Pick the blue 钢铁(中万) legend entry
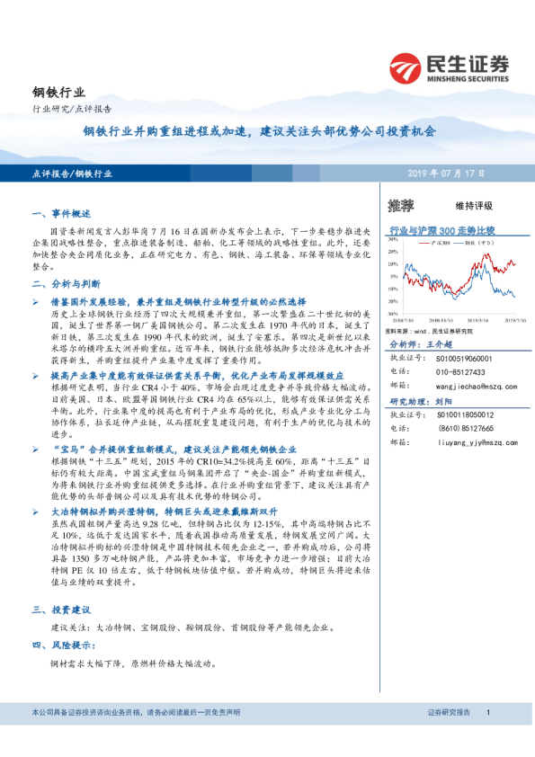tap(477, 243)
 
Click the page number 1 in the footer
tap(486, 712)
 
